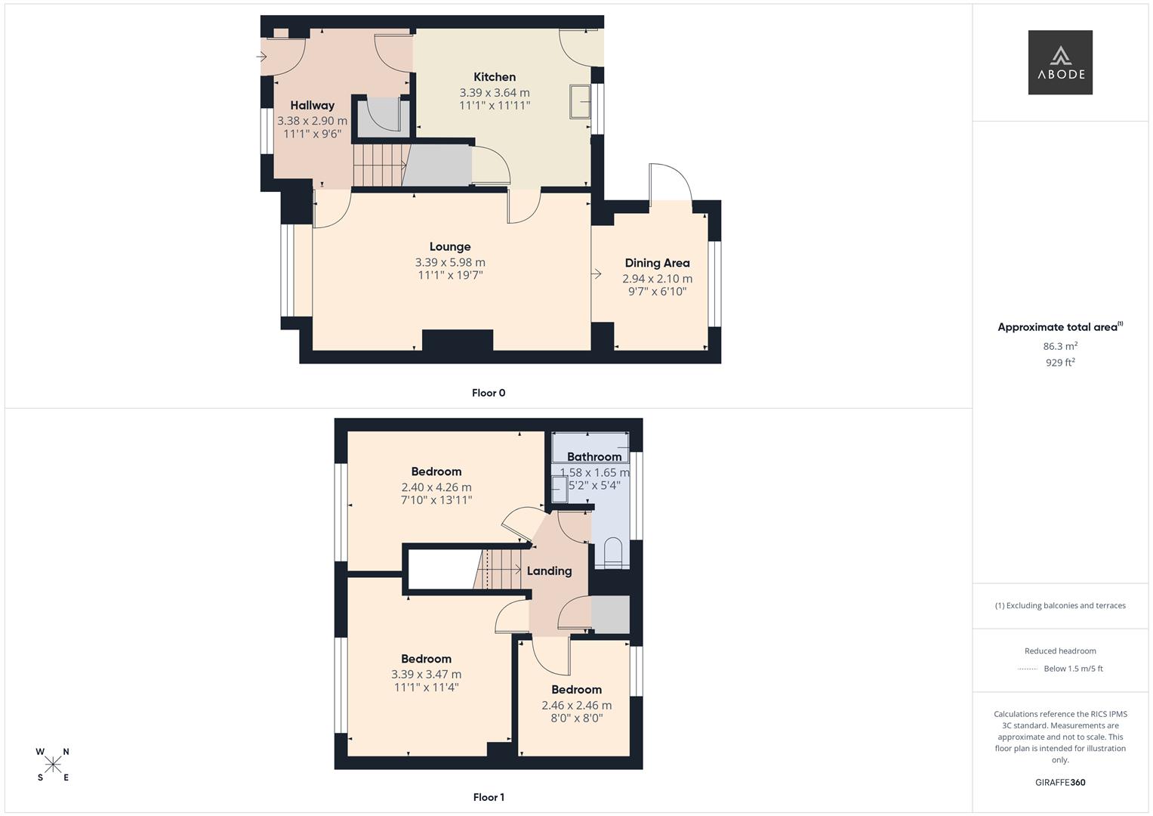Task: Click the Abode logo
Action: coord(1059,62)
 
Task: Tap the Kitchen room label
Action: coord(495,77)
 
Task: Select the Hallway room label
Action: coord(312,106)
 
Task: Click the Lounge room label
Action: coord(450,247)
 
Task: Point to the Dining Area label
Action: coord(657,263)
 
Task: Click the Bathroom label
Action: coord(594,456)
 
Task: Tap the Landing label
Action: coord(549,571)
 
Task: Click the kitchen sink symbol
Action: coord(580,101)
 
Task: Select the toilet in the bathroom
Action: coord(612,553)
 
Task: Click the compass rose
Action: coord(53,764)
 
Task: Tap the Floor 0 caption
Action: coord(489,393)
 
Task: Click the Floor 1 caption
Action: coord(489,797)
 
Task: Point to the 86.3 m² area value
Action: coord(1060,346)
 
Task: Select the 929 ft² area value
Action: coord(1060,363)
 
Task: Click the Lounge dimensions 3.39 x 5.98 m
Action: coord(450,262)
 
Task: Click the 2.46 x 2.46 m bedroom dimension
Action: coord(576,706)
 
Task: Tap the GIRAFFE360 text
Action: coord(1060,783)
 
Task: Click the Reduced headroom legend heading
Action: coord(1060,651)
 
